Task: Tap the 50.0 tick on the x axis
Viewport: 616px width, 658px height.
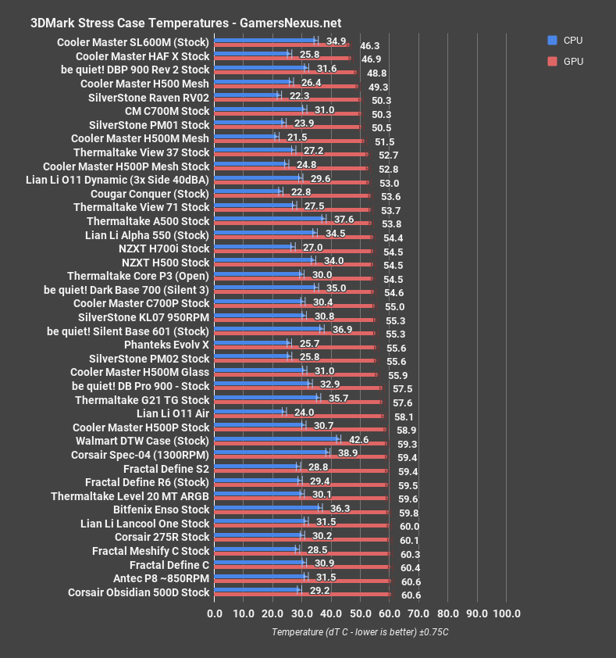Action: pyautogui.click(x=360, y=613)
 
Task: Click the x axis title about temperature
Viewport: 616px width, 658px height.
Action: pyautogui.click(x=360, y=631)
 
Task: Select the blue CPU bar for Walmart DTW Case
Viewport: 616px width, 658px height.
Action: pyautogui.click(x=276, y=438)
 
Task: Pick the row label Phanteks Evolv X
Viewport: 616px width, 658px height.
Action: pyautogui.click(x=166, y=345)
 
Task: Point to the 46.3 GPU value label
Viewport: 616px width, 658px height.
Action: pyautogui.click(x=370, y=46)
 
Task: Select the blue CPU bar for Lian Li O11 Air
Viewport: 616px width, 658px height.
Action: pyautogui.click(x=249, y=411)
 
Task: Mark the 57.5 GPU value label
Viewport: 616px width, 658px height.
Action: pyautogui.click(x=403, y=388)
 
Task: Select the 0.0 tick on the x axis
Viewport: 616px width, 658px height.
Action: pyautogui.click(x=214, y=613)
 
